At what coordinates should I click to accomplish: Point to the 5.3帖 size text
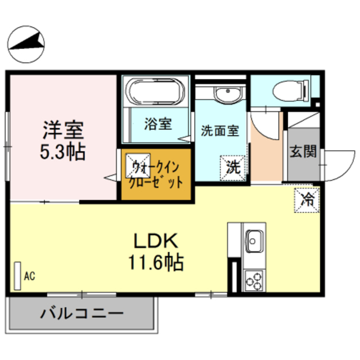pyautogui.click(x=63, y=151)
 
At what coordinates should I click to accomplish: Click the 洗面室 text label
pyautogui.click(x=220, y=131)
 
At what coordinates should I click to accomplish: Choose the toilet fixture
pyautogui.click(x=289, y=90)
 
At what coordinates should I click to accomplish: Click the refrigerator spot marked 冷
pyautogui.click(x=307, y=198)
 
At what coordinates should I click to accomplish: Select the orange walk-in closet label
pyautogui.click(x=156, y=174)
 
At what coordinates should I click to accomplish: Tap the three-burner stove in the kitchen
pyautogui.click(x=254, y=280)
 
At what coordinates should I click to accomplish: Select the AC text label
pyautogui.click(x=30, y=276)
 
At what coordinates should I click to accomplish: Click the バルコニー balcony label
pyautogui.click(x=82, y=314)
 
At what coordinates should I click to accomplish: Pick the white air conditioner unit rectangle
pyautogui.click(x=17, y=276)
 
